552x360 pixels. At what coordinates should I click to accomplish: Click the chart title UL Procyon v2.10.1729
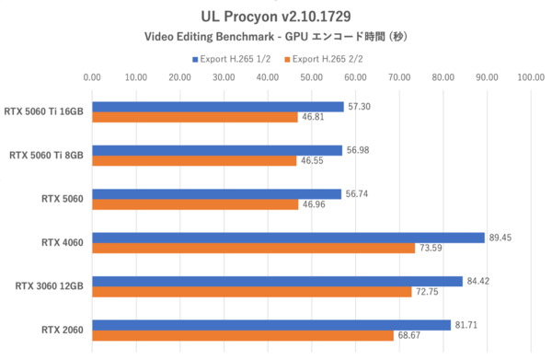(x=275, y=16)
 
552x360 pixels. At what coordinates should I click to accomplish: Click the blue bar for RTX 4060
(x=288, y=238)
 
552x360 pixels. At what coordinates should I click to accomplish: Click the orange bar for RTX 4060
(x=253, y=249)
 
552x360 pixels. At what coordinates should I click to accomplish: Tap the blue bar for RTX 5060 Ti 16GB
(x=217, y=106)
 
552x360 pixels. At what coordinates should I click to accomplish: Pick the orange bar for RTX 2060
(x=243, y=336)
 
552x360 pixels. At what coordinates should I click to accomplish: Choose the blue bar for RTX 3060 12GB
(x=277, y=281)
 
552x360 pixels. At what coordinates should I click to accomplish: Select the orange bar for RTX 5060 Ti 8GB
(x=194, y=160)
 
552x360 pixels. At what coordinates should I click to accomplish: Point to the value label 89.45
(x=501, y=238)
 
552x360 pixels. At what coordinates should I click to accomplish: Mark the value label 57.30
(x=360, y=106)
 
